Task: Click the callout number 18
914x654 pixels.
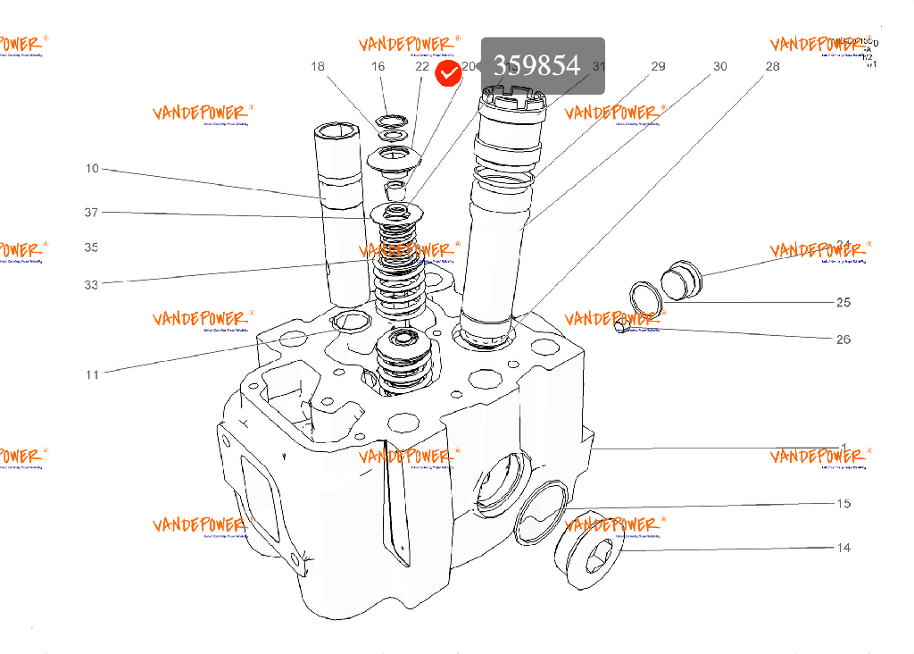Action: pos(319,66)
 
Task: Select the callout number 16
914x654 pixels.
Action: pos(378,66)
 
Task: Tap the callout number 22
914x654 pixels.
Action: pos(422,66)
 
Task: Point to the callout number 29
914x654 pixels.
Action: pos(658,66)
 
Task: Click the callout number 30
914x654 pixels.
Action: pos(719,66)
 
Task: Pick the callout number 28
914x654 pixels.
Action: pos(772,66)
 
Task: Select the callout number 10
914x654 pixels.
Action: pos(92,168)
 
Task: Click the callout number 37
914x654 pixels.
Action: pos(92,213)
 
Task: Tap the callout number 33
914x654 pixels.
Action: pos(92,285)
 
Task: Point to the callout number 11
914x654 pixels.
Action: pos(92,375)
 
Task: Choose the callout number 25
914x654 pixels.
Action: pos(843,302)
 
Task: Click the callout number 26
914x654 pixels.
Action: pos(843,340)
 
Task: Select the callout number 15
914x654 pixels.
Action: pos(843,504)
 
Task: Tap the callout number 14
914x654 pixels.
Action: pos(843,548)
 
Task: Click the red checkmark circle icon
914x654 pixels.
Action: pos(448,74)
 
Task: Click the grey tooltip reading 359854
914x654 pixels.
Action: pos(543,65)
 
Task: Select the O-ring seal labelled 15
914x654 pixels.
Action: pos(543,507)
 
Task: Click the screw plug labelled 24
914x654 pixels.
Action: pos(681,280)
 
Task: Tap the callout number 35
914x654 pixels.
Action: pos(92,247)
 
